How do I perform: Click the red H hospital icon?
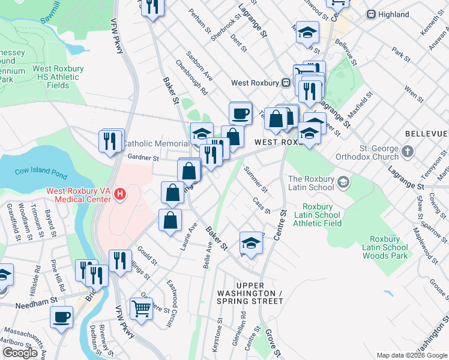120,194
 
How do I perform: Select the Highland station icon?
372,14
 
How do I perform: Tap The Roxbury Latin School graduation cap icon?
343,181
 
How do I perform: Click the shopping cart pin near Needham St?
142,308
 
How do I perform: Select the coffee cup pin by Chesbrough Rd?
240,112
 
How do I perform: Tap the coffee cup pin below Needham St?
61,316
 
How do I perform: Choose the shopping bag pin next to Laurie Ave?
170,219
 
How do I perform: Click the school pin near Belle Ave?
251,243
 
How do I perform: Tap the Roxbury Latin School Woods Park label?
385,247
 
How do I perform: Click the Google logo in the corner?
20,352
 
